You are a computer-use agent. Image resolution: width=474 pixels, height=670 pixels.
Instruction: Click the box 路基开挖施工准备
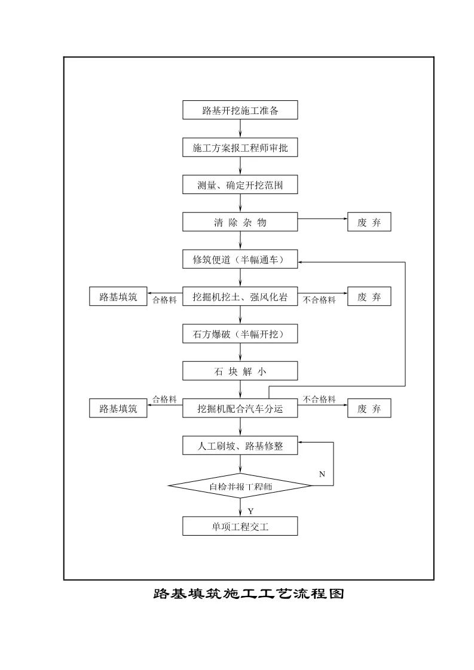[240, 110]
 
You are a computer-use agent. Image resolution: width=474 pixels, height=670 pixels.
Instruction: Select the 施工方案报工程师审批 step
[240, 148]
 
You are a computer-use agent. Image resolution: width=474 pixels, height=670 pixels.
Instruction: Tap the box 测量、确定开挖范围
[240, 185]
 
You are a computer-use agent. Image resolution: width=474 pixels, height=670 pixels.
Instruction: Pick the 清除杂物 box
[240, 223]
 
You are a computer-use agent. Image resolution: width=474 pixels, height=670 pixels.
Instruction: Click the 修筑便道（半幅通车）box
[240, 260]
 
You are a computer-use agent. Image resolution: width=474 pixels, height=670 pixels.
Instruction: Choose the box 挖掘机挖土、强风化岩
[240, 297]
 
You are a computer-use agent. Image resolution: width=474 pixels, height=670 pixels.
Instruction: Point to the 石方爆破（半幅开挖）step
[240, 334]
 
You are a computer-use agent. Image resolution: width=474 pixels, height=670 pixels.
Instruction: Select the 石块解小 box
[240, 371]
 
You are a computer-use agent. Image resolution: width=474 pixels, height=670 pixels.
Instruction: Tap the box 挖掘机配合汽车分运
[240, 408]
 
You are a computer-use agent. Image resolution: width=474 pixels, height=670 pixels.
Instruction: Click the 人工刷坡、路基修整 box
[240, 445]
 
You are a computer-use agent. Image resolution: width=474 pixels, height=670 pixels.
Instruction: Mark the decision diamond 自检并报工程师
[240, 486]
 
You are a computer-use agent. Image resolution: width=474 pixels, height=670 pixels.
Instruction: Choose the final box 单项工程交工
[240, 526]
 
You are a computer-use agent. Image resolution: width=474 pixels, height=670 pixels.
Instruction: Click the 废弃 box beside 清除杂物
[369, 223]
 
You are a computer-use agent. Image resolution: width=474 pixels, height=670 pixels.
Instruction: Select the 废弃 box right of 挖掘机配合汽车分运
[369, 408]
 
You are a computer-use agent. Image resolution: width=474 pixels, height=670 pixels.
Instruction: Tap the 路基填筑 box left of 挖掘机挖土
[118, 297]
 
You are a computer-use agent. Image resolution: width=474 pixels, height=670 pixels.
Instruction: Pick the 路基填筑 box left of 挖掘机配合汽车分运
[118, 408]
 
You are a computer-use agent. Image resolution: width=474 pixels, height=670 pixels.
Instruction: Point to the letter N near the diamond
[322, 474]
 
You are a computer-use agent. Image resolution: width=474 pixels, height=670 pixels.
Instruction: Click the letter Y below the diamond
[250, 511]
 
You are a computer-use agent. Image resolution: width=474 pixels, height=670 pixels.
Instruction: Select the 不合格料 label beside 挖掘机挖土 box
[319, 300]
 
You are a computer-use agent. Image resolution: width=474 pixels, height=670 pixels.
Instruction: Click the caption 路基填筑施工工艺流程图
[249, 594]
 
